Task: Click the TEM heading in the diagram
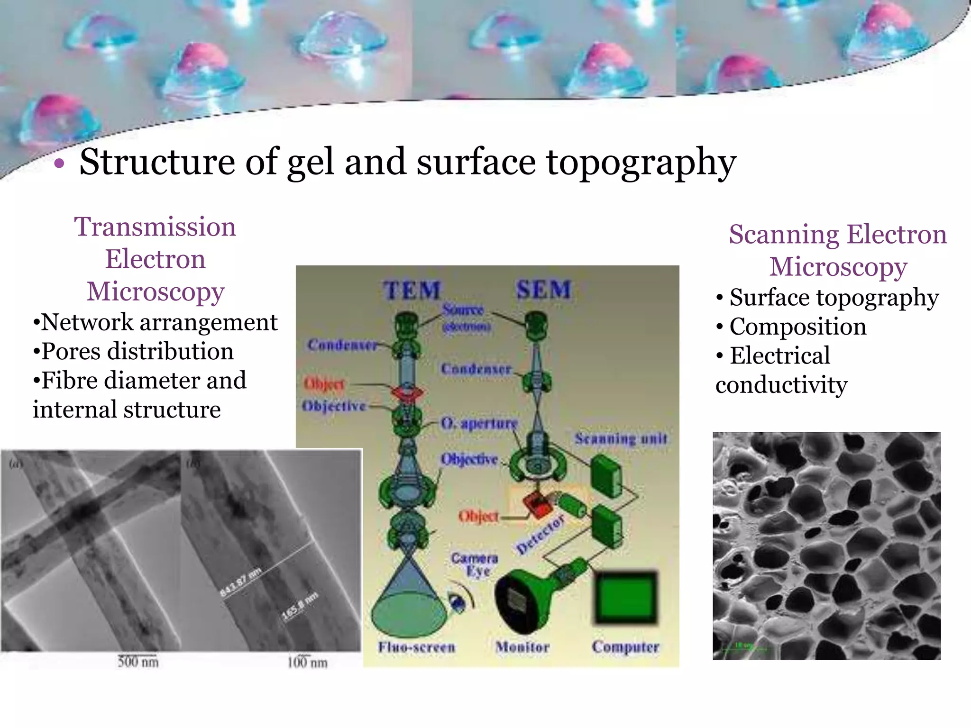click(412, 290)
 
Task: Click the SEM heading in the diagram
click(544, 289)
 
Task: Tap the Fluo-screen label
click(416, 647)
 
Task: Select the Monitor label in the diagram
click(522, 647)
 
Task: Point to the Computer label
click(625, 647)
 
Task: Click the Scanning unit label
click(621, 438)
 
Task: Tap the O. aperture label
click(479, 423)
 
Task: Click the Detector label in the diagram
click(540, 534)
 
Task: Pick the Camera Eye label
click(475, 564)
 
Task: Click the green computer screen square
click(626, 597)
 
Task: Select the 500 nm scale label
click(138, 662)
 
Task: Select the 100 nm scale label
click(307, 662)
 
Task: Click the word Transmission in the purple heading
click(155, 227)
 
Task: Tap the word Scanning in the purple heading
click(784, 234)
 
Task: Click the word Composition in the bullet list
click(798, 327)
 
